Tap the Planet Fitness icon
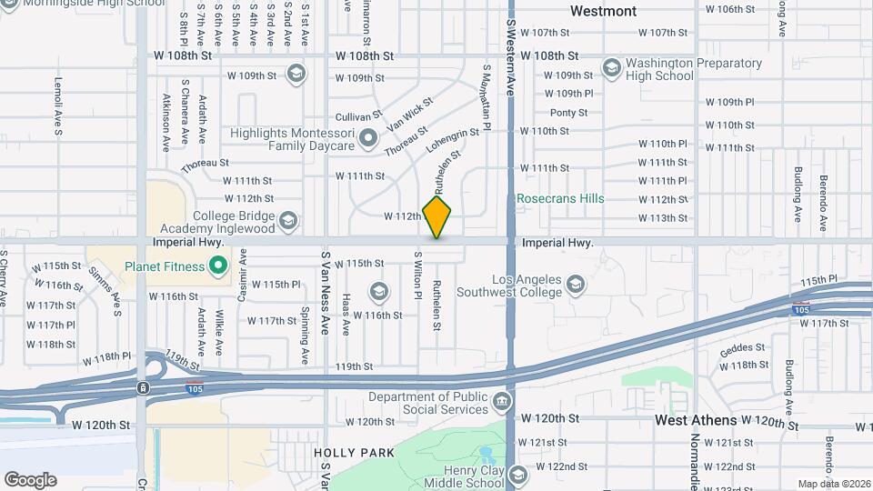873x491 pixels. pyautogui.click(x=217, y=266)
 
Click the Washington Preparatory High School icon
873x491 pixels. pyautogui.click(x=611, y=69)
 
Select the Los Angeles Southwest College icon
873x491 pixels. pyautogui.click(x=575, y=286)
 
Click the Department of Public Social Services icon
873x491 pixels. pyautogui.click(x=501, y=402)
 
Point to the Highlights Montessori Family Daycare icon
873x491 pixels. pyautogui.click(x=367, y=139)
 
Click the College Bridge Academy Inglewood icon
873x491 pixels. pyautogui.click(x=288, y=221)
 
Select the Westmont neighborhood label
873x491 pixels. pyautogui.click(x=603, y=11)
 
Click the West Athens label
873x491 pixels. pyautogui.click(x=696, y=421)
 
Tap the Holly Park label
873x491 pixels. pyautogui.click(x=354, y=452)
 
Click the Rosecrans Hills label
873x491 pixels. pyautogui.click(x=560, y=198)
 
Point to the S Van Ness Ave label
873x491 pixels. pyautogui.click(x=324, y=296)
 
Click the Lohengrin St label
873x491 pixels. pyautogui.click(x=451, y=140)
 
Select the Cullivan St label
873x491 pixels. pyautogui.click(x=358, y=116)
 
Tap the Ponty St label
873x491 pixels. pyautogui.click(x=568, y=113)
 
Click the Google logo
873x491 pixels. pyautogui.click(x=30, y=479)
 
